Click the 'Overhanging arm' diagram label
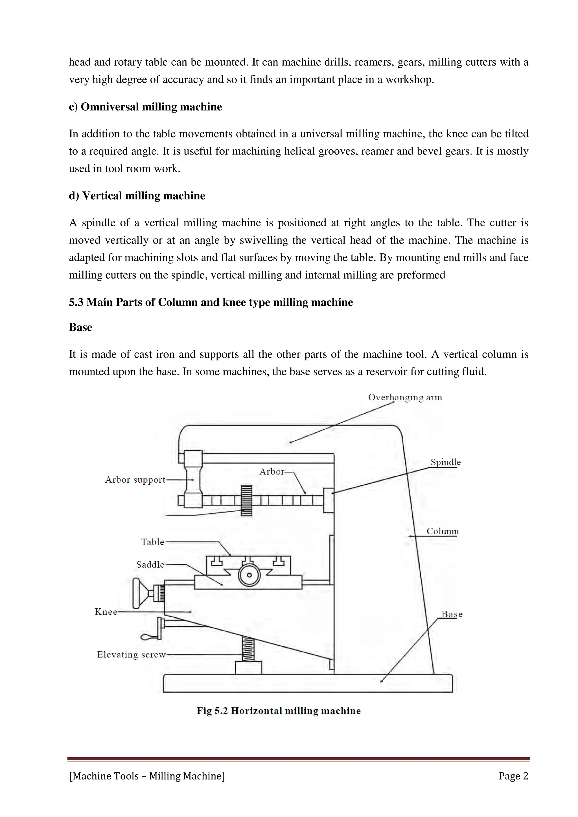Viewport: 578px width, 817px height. (405, 398)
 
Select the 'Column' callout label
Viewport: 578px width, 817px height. (442, 531)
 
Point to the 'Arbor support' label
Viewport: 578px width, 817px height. (135, 480)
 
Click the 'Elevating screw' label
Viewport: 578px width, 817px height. (131, 655)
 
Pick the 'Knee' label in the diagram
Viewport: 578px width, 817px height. (106, 612)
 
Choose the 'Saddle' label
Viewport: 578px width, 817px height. (150, 565)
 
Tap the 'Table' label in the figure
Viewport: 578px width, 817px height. (152, 542)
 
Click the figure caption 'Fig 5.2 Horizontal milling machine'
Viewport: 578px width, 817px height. (279, 711)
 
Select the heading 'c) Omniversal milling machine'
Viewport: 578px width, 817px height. (145, 107)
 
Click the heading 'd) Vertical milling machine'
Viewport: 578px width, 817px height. (137, 196)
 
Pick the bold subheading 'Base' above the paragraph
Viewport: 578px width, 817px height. (80, 327)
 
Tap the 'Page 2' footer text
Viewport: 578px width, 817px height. (513, 776)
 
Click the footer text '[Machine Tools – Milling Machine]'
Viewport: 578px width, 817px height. (147, 776)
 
